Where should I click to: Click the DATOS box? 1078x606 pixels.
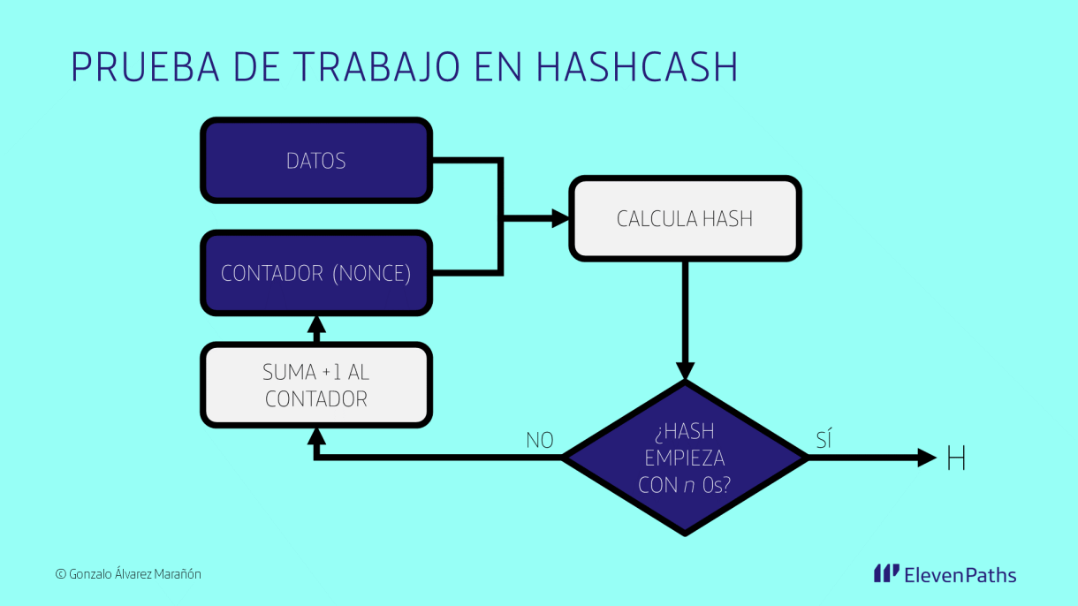click(316, 161)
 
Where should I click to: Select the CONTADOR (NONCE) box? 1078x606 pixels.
click(316, 273)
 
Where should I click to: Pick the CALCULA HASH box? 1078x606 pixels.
click(685, 218)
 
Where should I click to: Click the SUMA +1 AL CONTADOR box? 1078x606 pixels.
click(316, 385)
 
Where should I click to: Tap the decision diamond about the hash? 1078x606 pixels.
click(685, 458)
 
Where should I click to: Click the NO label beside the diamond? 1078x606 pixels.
click(539, 440)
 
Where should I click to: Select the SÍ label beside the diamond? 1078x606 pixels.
click(824, 440)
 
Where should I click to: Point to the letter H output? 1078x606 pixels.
click(955, 458)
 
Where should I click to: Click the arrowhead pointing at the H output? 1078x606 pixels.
click(927, 458)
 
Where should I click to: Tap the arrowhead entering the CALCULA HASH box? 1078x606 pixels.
click(559, 218)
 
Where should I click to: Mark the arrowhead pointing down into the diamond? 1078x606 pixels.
click(685, 371)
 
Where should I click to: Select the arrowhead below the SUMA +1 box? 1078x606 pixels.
click(316, 438)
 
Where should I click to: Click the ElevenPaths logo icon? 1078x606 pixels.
click(886, 574)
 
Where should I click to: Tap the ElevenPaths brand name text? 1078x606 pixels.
click(960, 575)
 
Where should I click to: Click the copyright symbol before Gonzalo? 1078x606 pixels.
click(60, 574)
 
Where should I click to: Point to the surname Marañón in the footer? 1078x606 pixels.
click(178, 574)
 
